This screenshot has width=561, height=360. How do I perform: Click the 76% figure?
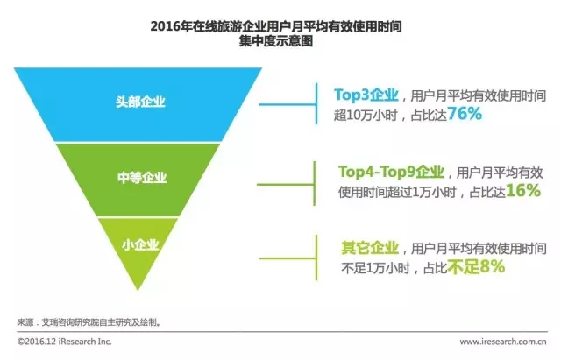pyautogui.click(x=465, y=114)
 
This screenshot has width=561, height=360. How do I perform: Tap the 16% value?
pyautogui.click(x=523, y=191)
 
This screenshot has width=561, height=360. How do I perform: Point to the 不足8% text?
pyautogui.click(x=476, y=266)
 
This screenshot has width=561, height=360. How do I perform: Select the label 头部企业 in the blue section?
pyautogui.click(x=140, y=102)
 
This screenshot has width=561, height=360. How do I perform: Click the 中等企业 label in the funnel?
pyautogui.click(x=142, y=178)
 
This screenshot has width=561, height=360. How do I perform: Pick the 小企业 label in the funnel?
pyautogui.click(x=140, y=245)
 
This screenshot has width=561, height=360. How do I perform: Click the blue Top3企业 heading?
pyautogui.click(x=366, y=95)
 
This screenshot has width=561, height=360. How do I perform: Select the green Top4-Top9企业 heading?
pyautogui.click(x=392, y=172)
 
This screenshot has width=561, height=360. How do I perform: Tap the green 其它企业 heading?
pyautogui.click(x=370, y=248)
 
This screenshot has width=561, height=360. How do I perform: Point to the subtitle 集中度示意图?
pyautogui.click(x=276, y=41)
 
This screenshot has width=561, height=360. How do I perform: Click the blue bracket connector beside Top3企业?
pyautogui.click(x=316, y=104)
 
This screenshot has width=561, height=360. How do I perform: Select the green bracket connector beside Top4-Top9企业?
pyautogui.click(x=314, y=184)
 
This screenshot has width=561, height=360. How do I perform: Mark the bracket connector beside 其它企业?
pyautogui.click(x=316, y=258)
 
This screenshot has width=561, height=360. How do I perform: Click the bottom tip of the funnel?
pyautogui.click(x=138, y=290)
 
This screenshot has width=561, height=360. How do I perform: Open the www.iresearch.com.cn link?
pyautogui.click(x=503, y=342)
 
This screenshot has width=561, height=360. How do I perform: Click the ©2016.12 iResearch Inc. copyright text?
pyautogui.click(x=64, y=342)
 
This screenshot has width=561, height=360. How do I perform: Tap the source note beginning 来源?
pyautogui.click(x=89, y=322)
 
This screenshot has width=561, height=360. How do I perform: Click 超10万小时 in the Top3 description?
pyautogui.click(x=366, y=116)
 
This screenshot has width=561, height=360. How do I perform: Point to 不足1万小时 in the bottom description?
pyautogui.click(x=375, y=269)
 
